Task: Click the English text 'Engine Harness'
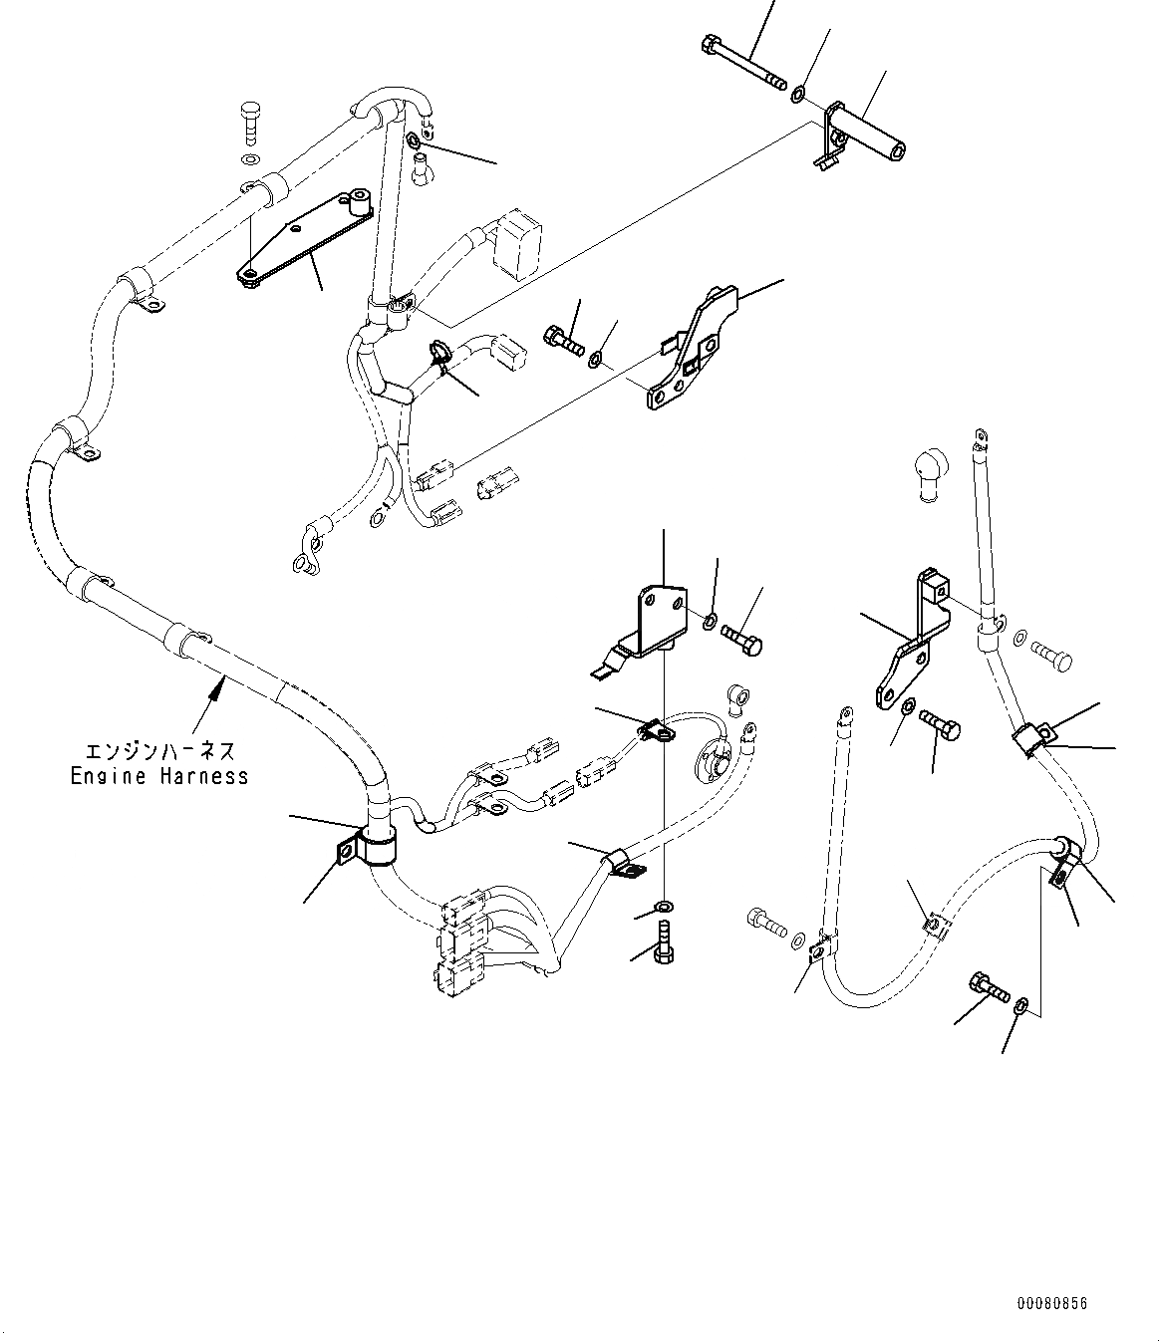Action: click(x=159, y=776)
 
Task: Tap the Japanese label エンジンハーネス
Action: click(x=159, y=750)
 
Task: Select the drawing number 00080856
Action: click(x=1052, y=1303)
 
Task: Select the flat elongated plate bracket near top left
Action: click(x=304, y=235)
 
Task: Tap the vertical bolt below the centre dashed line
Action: click(x=665, y=939)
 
